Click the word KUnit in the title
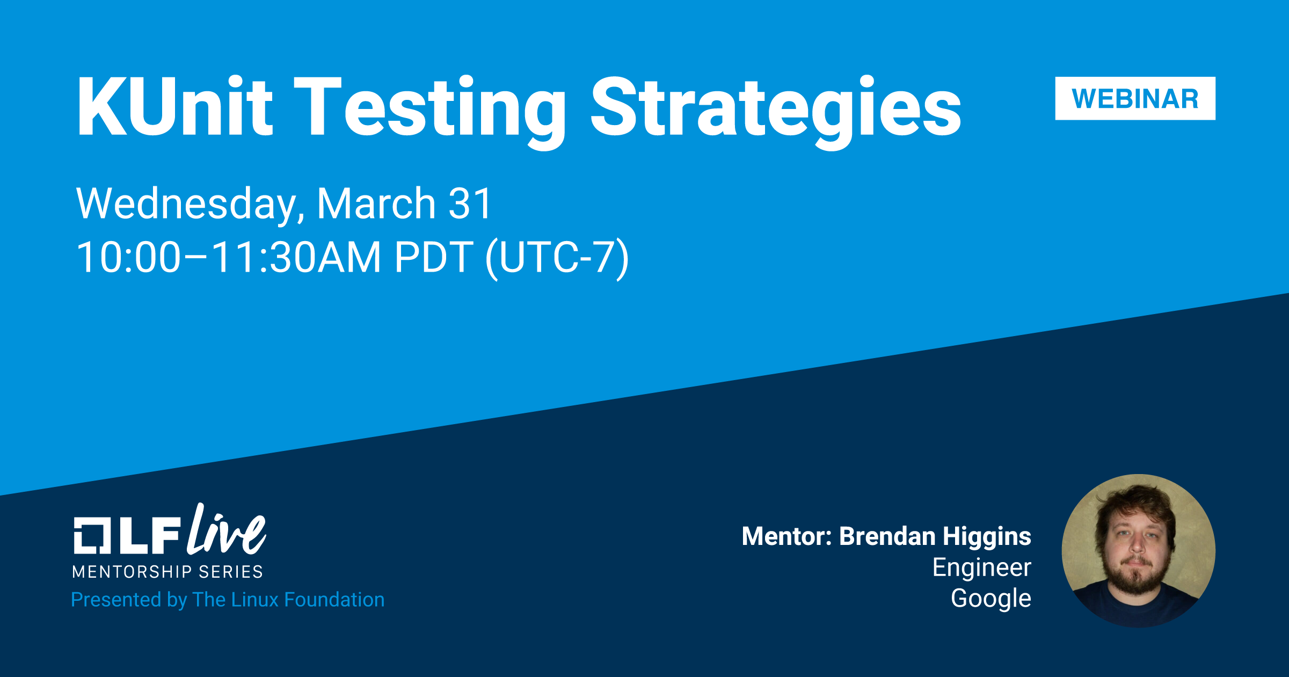[175, 106]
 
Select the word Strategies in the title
[776, 112]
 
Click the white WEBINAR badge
[1135, 98]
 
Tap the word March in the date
[376, 203]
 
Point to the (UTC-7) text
[557, 258]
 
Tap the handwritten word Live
[227, 530]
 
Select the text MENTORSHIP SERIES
[168, 572]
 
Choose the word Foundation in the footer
[334, 600]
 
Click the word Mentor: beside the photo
[787, 536]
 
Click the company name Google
[991, 599]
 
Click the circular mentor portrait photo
[1138, 551]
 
